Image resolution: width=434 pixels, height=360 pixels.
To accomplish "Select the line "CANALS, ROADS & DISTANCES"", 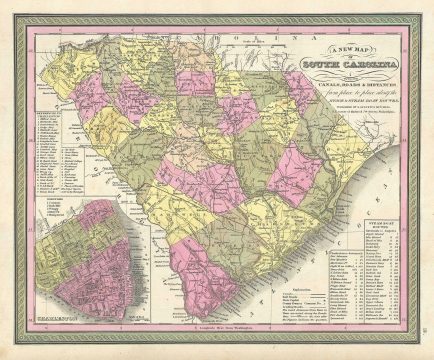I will coord(345,78).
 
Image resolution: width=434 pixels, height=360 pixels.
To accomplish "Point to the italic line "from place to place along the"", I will coord(345,87).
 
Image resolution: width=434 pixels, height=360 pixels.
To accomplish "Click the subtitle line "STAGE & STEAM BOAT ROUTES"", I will coord(345,95).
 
